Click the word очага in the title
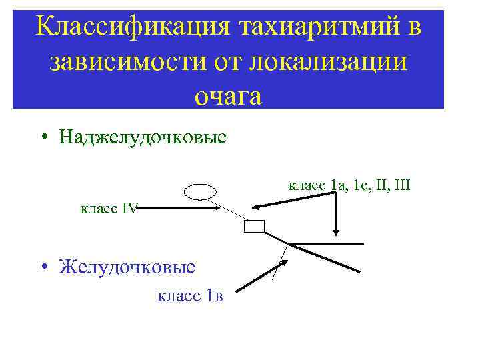click(228, 96)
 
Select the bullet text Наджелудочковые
click(143, 137)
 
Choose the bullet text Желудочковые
click(127, 267)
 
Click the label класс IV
click(109, 209)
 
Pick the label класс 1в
click(190, 295)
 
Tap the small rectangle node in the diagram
click(254, 226)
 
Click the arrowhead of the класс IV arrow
click(217, 209)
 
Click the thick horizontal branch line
click(327, 244)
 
